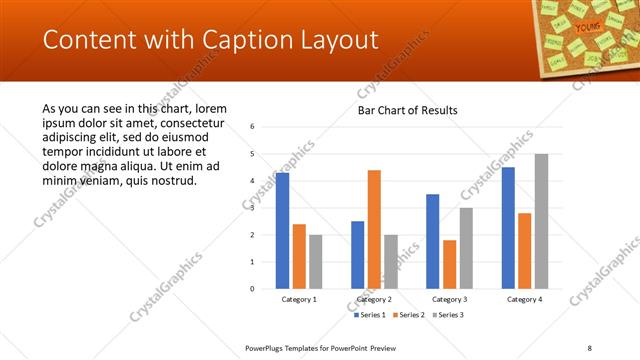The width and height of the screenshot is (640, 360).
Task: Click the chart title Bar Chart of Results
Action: coord(407,110)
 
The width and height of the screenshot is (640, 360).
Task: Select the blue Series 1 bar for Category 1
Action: coord(283,231)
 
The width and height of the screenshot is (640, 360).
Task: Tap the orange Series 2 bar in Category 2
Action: coord(374,229)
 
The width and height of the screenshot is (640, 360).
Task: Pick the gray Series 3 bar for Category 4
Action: coord(541,221)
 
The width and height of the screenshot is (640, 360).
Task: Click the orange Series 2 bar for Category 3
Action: coord(449,264)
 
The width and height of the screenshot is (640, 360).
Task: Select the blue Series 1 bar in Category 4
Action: coord(508,228)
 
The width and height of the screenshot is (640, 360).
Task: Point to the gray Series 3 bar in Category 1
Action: coord(316,262)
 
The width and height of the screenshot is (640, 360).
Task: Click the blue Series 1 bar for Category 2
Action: coord(357,255)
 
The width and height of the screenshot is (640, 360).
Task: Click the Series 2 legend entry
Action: coord(410,315)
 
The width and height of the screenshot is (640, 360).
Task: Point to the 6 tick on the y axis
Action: coord(253,127)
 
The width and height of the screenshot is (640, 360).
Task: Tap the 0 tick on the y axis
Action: coord(253,289)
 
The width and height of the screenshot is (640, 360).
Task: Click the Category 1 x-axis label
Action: coord(299,299)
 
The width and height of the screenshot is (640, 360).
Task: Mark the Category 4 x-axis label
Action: coord(524,299)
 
